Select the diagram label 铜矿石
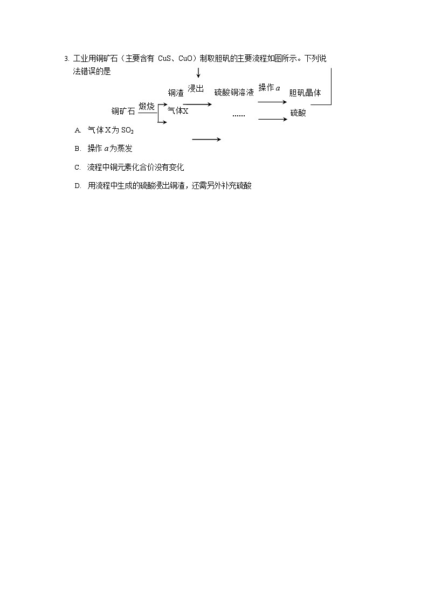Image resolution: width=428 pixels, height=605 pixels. pyautogui.click(x=123, y=112)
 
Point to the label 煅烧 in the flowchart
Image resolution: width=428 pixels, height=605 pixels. pyautogui.click(x=147, y=106)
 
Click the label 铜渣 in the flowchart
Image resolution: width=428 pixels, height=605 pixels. pyautogui.click(x=176, y=93)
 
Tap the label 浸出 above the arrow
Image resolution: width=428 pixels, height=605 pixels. pyautogui.click(x=196, y=89)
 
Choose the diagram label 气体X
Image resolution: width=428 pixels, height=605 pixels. pyautogui.click(x=178, y=111)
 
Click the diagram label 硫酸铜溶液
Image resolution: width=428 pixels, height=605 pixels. pyautogui.click(x=234, y=92)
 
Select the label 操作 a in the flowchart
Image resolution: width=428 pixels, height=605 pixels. pyautogui.click(x=269, y=88)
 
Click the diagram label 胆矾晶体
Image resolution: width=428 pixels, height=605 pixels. pyautogui.click(x=305, y=93)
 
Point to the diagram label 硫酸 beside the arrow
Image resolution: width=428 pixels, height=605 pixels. pyautogui.click(x=298, y=113)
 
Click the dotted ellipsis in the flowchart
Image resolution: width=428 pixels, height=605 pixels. pyautogui.click(x=238, y=115)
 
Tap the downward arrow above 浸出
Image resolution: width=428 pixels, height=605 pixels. pyautogui.click(x=198, y=73)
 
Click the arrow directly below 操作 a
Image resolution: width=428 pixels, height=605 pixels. pyautogui.click(x=272, y=101)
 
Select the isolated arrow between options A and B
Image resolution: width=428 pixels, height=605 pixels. pyautogui.click(x=206, y=140)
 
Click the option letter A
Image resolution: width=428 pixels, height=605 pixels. pyautogui.click(x=78, y=130)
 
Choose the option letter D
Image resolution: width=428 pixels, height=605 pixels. pyautogui.click(x=78, y=186)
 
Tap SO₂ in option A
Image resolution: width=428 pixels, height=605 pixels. pyautogui.click(x=127, y=130)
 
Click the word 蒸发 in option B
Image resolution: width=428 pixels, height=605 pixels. pyautogui.click(x=125, y=149)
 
